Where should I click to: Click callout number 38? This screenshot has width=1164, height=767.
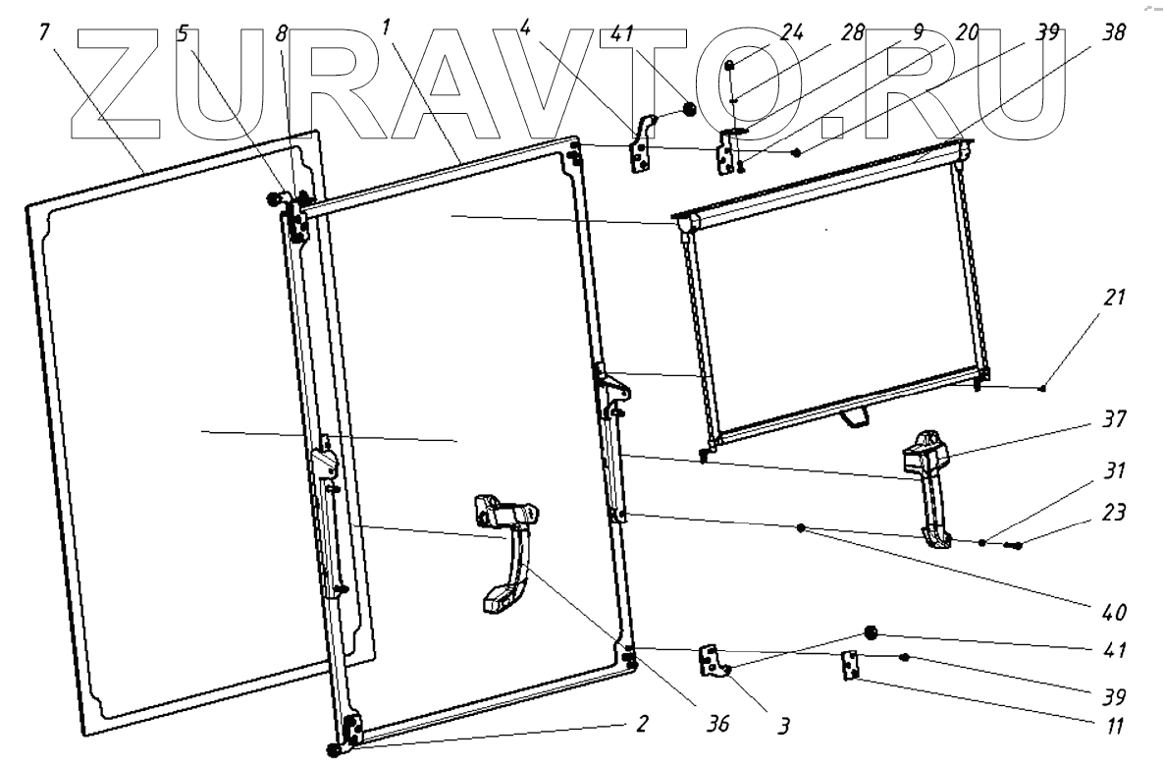point(1113,33)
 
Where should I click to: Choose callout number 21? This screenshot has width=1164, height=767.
point(1113,297)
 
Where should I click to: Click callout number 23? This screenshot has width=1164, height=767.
point(1113,513)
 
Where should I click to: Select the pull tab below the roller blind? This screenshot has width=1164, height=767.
point(855,418)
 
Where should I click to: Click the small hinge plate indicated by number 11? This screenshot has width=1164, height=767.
point(851,666)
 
